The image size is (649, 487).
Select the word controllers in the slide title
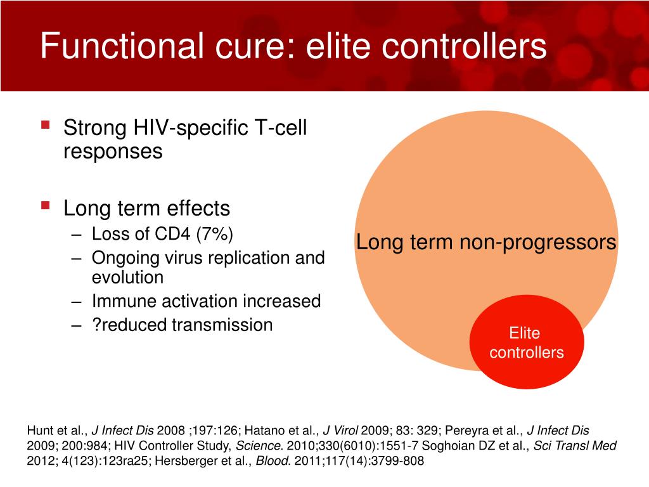tap(464, 46)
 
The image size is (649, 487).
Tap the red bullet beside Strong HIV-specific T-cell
tap(46, 125)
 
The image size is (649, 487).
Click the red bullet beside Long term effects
tap(46, 205)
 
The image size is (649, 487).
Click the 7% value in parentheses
tap(214, 234)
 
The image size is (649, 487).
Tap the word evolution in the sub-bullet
tap(127, 277)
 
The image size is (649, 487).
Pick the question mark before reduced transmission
tap(96, 325)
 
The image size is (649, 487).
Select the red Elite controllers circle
tap(527, 342)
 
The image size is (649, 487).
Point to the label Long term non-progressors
tap(486, 242)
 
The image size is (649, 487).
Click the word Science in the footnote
tap(258, 446)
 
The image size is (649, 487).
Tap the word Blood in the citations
tap(271, 460)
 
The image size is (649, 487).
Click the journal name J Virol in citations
tap(340, 431)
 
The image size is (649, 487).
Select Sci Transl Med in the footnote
tap(575, 446)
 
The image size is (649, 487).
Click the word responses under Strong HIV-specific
tap(113, 152)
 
